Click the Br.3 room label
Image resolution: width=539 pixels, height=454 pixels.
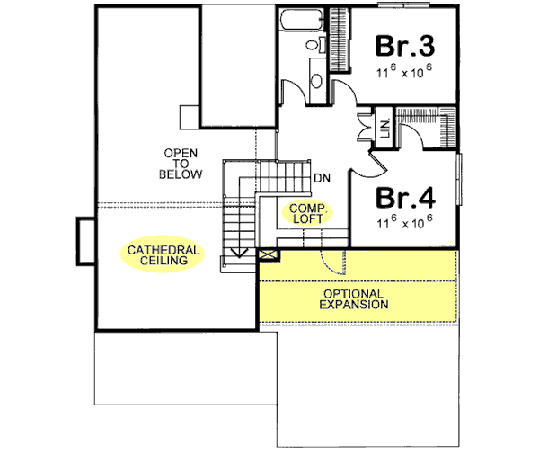click(x=404, y=45)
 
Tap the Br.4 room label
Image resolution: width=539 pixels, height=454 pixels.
click(x=404, y=197)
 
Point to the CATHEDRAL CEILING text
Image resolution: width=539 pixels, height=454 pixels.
click(x=163, y=254)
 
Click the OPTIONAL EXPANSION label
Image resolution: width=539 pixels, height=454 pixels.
click(x=355, y=299)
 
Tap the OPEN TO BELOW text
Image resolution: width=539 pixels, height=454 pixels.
click(x=181, y=163)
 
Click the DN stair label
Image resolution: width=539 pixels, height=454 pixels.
click(x=322, y=178)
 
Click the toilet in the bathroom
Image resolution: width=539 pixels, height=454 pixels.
click(x=314, y=45)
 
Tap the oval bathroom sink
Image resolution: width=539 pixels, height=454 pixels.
click(x=315, y=80)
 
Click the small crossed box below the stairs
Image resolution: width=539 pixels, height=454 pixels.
click(x=266, y=255)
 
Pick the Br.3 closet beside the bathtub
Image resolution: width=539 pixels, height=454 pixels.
click(x=341, y=34)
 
